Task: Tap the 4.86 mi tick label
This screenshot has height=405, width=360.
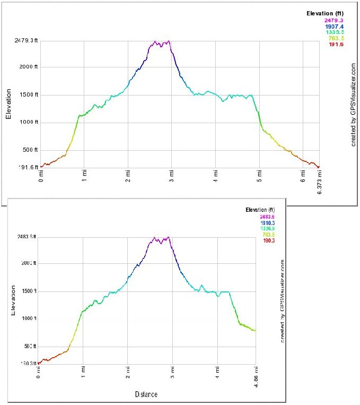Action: (x=256, y=381)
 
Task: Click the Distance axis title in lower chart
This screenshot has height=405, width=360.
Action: (x=146, y=394)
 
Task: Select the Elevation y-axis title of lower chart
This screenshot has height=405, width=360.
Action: (x=13, y=300)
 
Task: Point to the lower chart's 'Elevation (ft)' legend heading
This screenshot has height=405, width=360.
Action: (x=264, y=210)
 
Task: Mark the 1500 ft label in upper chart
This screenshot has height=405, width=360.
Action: (x=27, y=95)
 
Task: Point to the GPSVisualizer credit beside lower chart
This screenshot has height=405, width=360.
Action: (x=283, y=299)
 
